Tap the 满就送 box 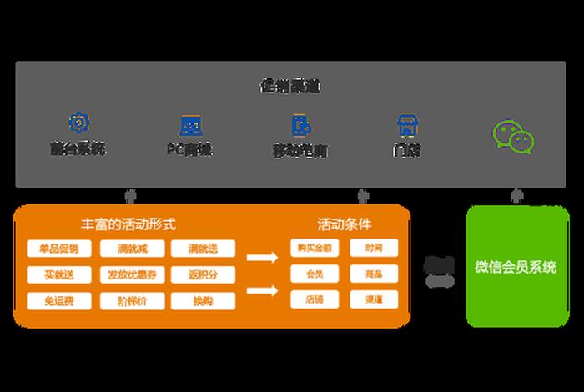(203, 249)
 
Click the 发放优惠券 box (131, 274)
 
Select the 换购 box (203, 300)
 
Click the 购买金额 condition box (310, 248)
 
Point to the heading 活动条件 (344, 224)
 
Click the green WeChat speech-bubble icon (513, 137)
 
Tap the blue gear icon (78, 124)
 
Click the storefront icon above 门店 (406, 125)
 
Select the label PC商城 (189, 150)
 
